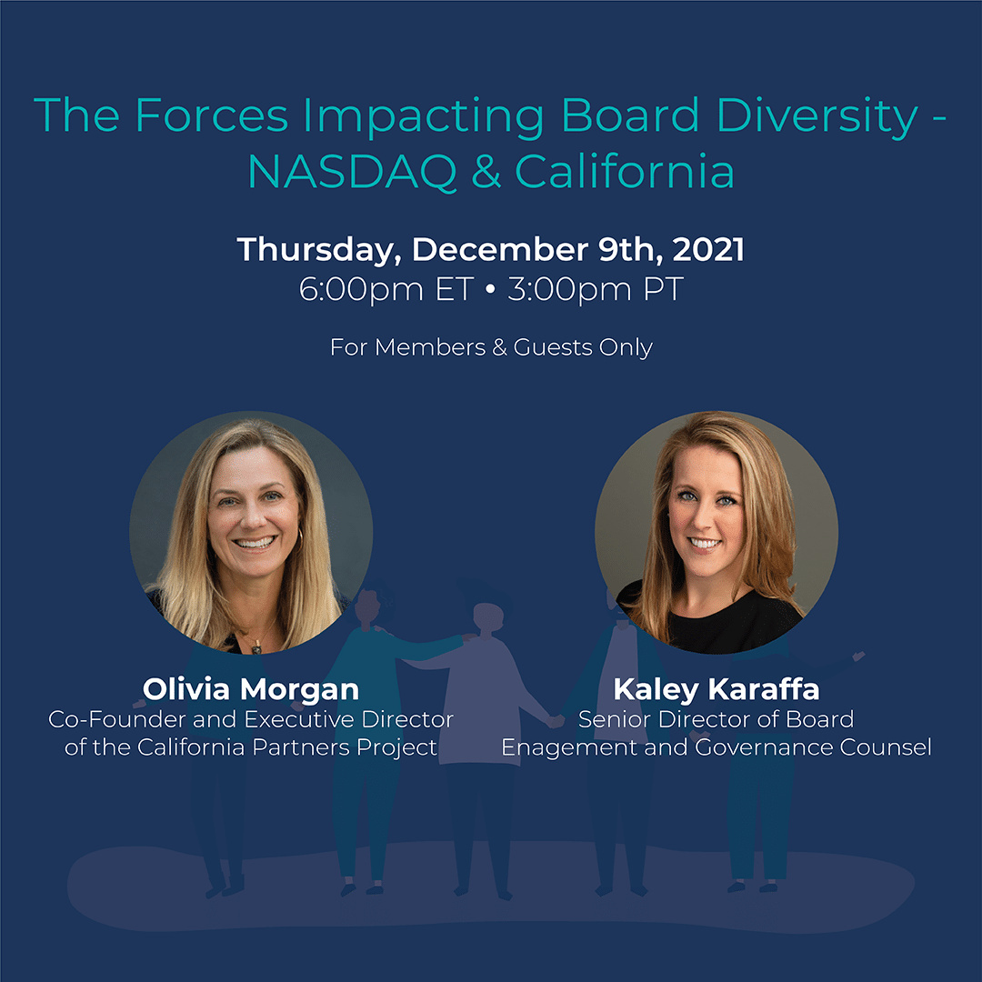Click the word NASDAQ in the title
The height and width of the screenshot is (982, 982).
352,172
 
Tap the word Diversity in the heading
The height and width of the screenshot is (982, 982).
817,116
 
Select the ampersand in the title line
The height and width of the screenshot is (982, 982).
486,171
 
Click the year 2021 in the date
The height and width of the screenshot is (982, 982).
708,249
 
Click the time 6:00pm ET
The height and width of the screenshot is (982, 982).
386,290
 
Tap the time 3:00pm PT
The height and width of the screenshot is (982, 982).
595,290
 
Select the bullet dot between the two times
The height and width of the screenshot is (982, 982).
490,289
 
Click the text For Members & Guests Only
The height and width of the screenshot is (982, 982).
491,347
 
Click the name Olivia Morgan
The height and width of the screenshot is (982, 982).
251,689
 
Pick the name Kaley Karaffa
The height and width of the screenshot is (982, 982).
716,689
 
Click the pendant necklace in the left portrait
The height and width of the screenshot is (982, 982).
256,649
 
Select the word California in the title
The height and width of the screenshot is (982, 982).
625,172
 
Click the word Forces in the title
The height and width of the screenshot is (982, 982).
212,115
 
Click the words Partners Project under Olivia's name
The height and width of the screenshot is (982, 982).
344,747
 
